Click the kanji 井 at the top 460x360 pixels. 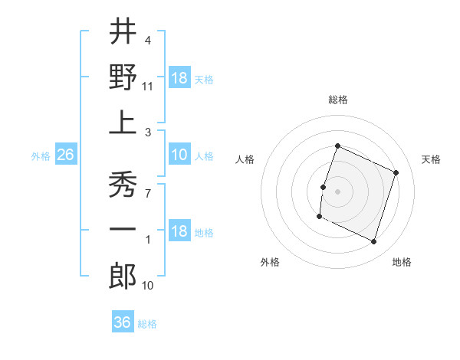point(123,33)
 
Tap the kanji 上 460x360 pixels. point(123,123)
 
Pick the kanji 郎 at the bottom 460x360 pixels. point(123,278)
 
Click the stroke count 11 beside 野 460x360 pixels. point(148,87)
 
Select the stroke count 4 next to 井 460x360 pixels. point(147,40)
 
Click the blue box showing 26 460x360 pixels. point(66,155)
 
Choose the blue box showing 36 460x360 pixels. point(123,322)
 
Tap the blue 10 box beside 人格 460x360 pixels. point(179,155)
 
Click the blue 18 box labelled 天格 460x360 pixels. point(179,78)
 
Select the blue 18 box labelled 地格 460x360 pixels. point(179,232)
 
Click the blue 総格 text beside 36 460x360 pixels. point(147,324)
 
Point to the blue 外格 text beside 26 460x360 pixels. point(41,156)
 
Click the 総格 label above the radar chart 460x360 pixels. point(338,100)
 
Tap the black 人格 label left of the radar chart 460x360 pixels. point(245,159)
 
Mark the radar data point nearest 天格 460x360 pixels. point(396,173)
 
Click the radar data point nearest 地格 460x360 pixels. point(374,242)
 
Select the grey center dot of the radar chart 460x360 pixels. point(337,191)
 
